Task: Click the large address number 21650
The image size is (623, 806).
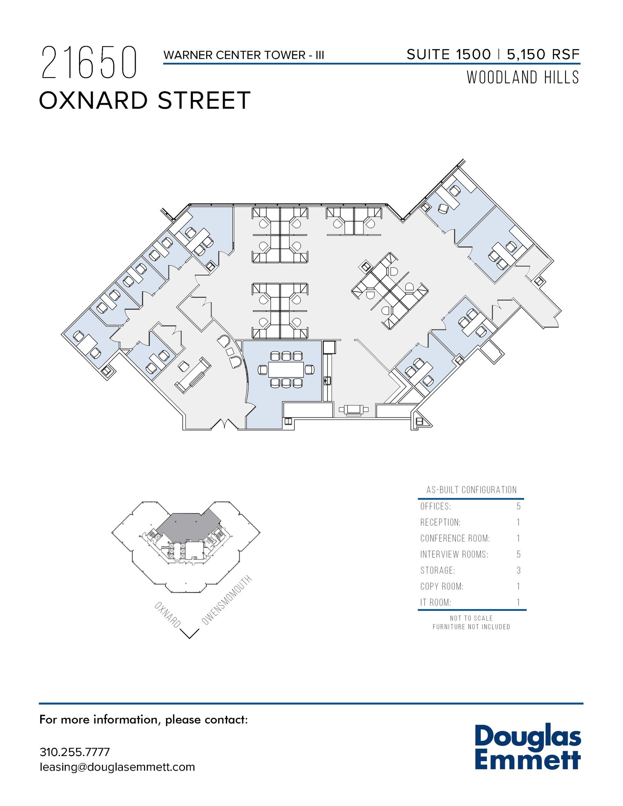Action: click(x=89, y=63)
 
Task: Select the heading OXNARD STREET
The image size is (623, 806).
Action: click(x=144, y=100)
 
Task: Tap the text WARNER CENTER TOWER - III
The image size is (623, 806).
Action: click(x=244, y=55)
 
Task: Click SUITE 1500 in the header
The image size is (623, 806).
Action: click(x=448, y=54)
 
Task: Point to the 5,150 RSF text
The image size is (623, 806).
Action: click(x=543, y=54)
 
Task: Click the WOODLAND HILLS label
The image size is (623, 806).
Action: click(x=523, y=78)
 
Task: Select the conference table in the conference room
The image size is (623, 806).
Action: click(x=286, y=370)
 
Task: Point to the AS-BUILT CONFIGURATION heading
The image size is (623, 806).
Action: click(x=471, y=490)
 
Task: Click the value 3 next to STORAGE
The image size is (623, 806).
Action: click(x=518, y=570)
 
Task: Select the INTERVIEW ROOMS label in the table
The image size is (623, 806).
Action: click(x=454, y=555)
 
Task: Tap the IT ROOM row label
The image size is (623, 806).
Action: click(x=435, y=603)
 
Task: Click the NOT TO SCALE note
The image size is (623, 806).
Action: click(x=471, y=618)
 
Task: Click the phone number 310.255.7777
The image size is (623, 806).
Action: click(x=74, y=752)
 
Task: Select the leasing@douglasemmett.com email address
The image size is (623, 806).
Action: click(x=117, y=767)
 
